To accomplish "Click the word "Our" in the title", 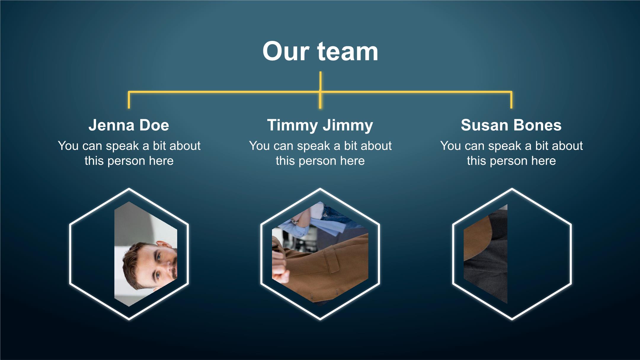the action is coord(286,51).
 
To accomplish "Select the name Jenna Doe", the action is coord(129,125).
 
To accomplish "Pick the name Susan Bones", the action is coord(511,125).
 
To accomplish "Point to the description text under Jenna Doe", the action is coord(129,153).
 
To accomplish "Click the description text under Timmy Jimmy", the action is coord(320,153).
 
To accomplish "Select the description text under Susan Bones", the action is coord(511,153).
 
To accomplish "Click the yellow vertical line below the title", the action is coord(320,90).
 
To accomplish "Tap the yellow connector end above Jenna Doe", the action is coord(129,107).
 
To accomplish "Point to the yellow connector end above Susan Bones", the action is coord(511,107).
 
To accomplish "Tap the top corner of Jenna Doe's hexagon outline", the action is coord(129,188).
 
